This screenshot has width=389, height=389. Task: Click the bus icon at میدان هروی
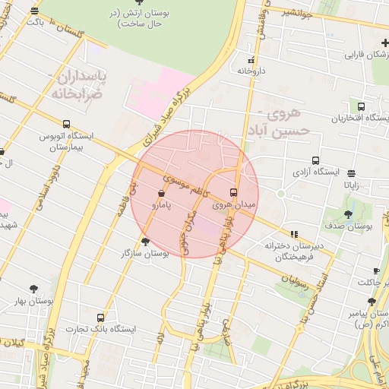(233, 191)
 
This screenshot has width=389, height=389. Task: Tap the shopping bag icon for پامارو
(163, 193)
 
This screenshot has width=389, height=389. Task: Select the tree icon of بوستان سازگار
(145, 241)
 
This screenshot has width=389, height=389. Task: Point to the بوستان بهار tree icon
(33, 289)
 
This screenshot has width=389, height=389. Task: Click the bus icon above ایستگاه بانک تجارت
(101, 317)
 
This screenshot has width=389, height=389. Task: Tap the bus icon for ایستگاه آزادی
(295, 161)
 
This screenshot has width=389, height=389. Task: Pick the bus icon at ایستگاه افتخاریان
(360, 107)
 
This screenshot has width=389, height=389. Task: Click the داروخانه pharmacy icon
(251, 59)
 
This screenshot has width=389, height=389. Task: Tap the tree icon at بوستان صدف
(348, 214)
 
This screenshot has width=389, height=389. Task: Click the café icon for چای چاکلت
(376, 270)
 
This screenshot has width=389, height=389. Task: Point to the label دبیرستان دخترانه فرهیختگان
(294, 251)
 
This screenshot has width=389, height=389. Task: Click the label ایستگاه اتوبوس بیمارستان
(68, 141)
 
